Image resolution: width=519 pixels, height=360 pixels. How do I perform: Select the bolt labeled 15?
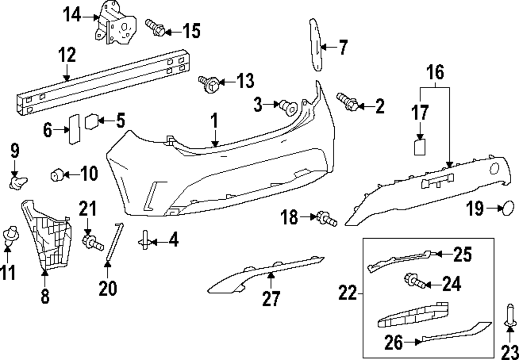pyautogui.click(x=155, y=27)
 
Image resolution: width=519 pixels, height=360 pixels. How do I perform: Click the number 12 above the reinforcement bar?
pyautogui.click(x=67, y=54)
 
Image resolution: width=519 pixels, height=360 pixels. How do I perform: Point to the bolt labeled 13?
pyautogui.click(x=208, y=84)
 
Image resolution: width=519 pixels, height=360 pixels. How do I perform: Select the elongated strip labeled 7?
pyautogui.click(x=316, y=44)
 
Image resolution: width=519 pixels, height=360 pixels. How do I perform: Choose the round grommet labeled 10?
pyautogui.click(x=57, y=174)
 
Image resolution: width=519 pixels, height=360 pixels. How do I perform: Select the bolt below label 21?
pyautogui.click(x=90, y=241)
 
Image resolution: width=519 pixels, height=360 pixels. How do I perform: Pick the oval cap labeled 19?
pyautogui.click(x=508, y=209)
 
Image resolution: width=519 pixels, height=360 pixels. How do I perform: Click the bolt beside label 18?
pyautogui.click(x=326, y=218)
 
